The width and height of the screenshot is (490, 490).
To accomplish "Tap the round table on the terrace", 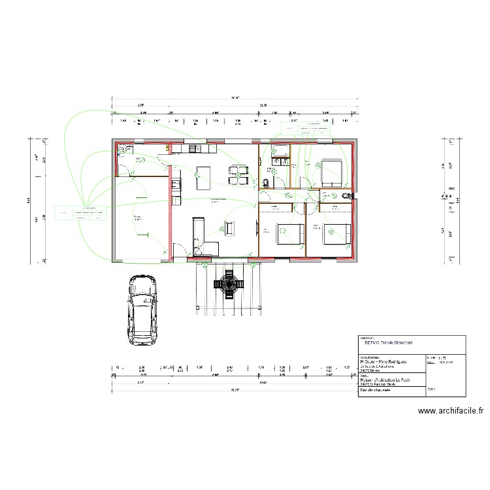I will (229, 284).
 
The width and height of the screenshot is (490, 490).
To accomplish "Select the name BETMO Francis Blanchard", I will (387, 342).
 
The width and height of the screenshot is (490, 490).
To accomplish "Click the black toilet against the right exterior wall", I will (346, 195).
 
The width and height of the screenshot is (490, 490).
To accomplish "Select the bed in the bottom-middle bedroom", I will (288, 232).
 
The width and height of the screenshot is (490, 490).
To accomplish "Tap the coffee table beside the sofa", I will (229, 228).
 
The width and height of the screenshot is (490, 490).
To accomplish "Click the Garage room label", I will (138, 218).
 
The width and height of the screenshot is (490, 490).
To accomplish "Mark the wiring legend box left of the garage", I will (82, 212).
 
